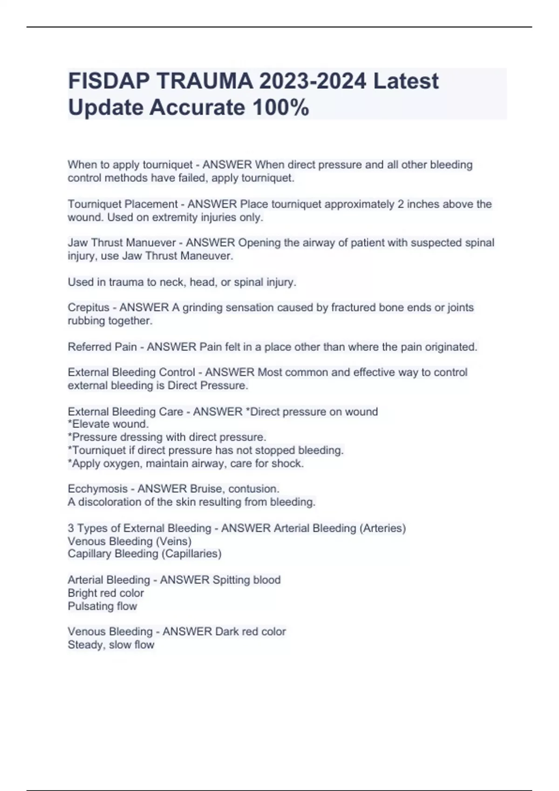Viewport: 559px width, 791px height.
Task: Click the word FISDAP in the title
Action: click(109, 81)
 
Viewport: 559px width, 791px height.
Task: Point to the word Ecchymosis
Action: click(97, 489)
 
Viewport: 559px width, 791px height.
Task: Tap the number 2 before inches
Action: click(401, 204)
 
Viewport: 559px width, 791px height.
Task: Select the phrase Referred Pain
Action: click(102, 347)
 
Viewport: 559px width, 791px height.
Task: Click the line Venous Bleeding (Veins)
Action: click(130, 542)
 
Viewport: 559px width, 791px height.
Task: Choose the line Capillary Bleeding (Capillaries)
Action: click(144, 554)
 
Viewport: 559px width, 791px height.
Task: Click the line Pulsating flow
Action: click(102, 606)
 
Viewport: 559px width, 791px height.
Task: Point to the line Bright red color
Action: click(106, 593)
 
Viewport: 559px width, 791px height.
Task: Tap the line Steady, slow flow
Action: click(111, 645)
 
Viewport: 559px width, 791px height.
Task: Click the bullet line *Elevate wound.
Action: click(108, 424)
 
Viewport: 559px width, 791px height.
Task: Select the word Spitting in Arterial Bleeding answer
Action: click(231, 580)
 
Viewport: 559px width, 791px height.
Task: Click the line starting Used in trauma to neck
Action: click(182, 282)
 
